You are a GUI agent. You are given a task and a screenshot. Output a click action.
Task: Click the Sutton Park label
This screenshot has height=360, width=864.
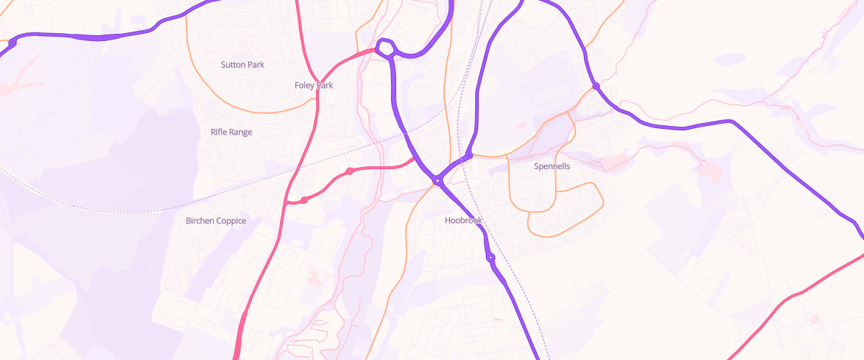pos(243,65)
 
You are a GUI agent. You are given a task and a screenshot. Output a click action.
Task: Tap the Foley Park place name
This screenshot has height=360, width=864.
pos(314,85)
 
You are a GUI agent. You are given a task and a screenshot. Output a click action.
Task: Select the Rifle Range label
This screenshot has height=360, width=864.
pos(231,132)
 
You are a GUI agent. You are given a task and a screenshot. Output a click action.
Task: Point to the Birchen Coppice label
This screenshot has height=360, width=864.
pos(216,221)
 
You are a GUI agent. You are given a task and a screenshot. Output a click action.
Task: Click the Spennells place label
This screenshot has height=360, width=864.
pos(552,166)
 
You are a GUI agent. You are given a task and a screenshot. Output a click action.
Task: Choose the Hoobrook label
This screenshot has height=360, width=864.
pos(464,220)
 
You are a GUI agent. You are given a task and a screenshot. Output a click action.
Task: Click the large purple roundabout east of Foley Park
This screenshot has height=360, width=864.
pos(385,48)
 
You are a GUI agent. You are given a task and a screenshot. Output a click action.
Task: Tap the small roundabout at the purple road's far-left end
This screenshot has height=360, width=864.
pos(12,43)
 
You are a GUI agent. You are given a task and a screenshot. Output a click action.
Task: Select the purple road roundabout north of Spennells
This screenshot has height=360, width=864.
pos(596,86)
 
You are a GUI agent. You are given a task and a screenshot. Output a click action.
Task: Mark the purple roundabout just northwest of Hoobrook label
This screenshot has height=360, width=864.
pos(437,181)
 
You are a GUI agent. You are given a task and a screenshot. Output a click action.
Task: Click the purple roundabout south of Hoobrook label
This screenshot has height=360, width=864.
pos(491,257)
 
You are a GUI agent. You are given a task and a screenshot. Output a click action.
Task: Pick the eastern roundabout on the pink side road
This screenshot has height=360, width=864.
pos(349,171)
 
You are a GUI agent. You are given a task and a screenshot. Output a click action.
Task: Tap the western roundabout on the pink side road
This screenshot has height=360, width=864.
pos(305,199)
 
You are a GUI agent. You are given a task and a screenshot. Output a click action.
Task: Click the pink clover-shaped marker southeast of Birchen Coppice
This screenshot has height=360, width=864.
pos(313,276)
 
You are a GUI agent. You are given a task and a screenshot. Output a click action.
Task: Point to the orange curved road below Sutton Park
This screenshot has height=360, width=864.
pos(245,111)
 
